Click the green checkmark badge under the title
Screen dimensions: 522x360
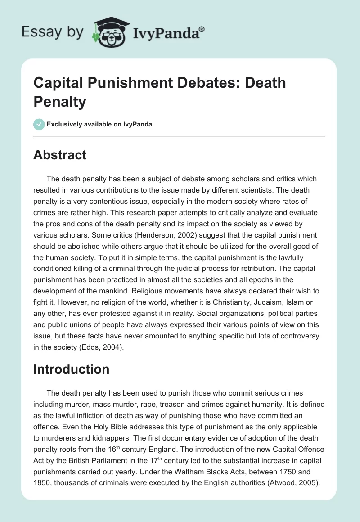tap(39, 124)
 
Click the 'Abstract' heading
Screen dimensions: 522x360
tap(60, 155)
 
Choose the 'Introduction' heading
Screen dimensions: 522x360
tap(72, 369)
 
